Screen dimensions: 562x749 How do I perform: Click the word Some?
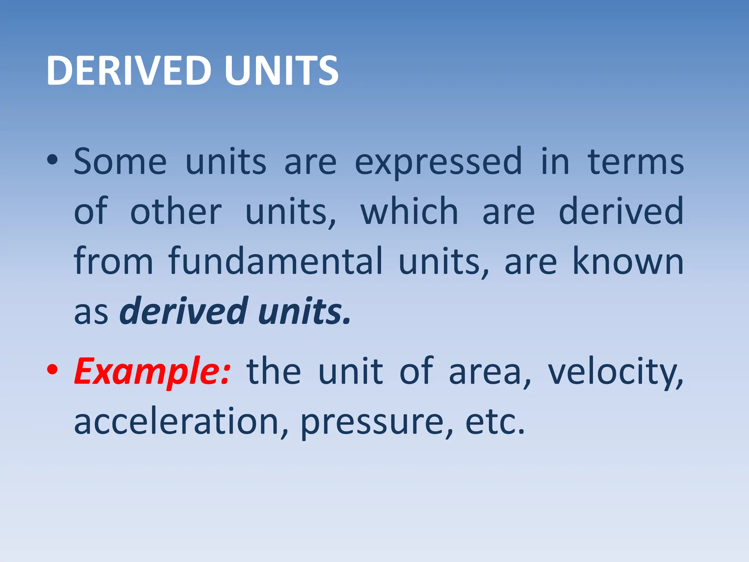click(x=120, y=161)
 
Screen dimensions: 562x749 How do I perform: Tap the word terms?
click(x=636, y=161)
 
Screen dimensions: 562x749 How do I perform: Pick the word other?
click(x=176, y=211)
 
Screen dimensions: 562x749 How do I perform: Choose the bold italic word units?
click(x=304, y=311)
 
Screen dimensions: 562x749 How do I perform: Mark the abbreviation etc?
click(x=495, y=421)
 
